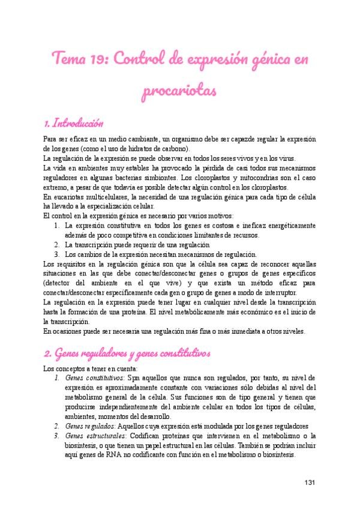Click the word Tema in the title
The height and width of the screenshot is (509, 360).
pyautogui.click(x=71, y=61)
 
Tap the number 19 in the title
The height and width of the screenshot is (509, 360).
pyautogui.click(x=100, y=61)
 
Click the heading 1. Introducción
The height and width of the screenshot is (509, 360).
pyautogui.click(x=74, y=124)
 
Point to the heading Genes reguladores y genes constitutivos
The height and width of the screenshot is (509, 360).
pyautogui.click(x=127, y=354)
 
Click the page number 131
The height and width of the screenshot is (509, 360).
pyautogui.click(x=310, y=482)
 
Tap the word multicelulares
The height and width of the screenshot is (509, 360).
pyautogui.click(x=95, y=197)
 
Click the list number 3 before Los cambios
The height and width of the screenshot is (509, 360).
pyautogui.click(x=56, y=254)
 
